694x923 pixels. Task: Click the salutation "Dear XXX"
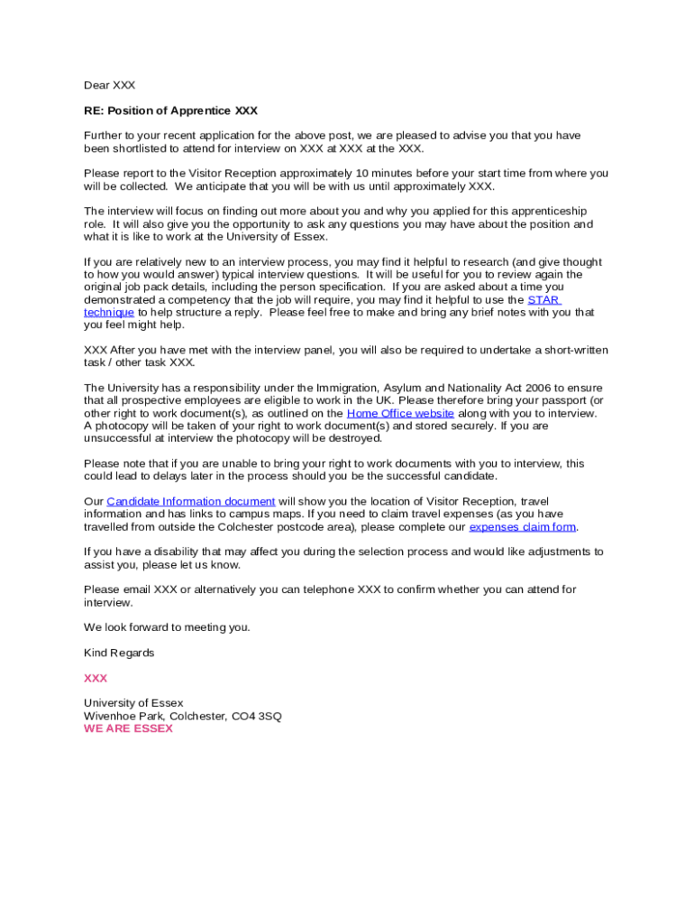click(x=109, y=86)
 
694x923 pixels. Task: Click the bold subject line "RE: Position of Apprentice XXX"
click(x=170, y=111)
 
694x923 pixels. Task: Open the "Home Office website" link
click(x=400, y=413)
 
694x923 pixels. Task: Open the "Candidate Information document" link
click(x=191, y=501)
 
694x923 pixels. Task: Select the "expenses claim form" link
click(x=523, y=526)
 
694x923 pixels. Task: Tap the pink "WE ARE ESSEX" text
click(x=128, y=728)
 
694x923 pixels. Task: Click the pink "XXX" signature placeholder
click(x=96, y=678)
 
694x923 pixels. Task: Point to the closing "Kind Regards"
click(x=119, y=653)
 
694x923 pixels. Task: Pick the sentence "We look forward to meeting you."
click(x=167, y=627)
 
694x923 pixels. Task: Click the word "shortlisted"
click(x=142, y=149)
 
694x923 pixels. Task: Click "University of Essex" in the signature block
click(x=133, y=703)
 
